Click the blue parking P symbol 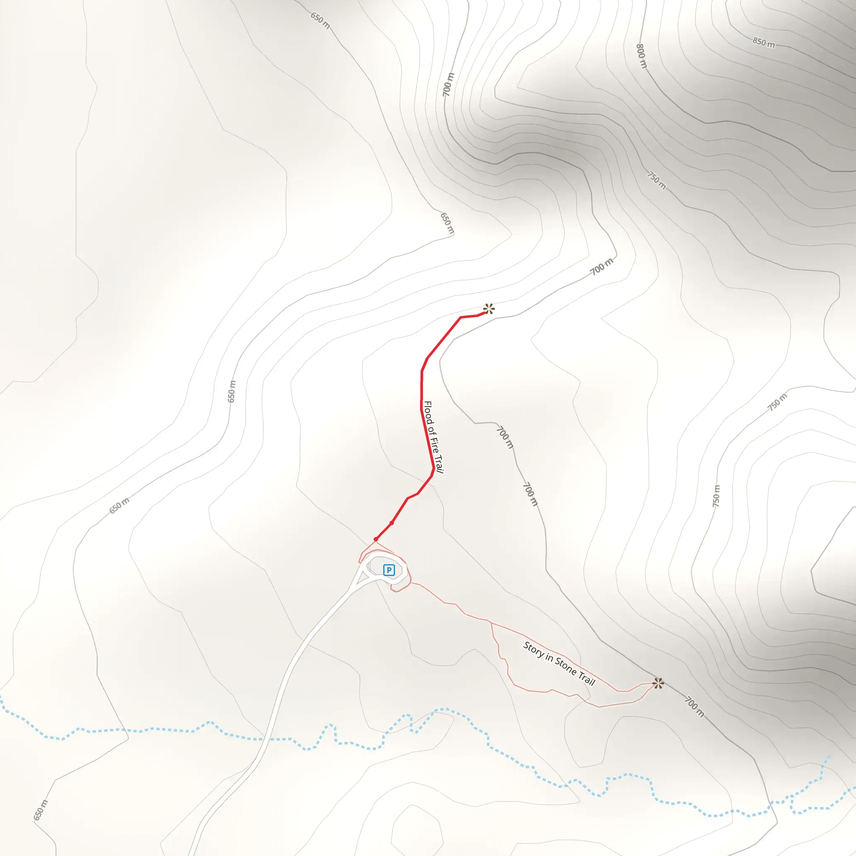389,570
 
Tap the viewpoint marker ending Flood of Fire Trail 489,309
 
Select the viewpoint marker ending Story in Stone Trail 658,683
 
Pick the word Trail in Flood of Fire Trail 438,464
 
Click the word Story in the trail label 533,649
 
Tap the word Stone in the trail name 566,666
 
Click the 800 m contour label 642,56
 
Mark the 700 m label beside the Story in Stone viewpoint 694,707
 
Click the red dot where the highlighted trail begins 376,539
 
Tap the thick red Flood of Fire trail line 421,390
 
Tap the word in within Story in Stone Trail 549,657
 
